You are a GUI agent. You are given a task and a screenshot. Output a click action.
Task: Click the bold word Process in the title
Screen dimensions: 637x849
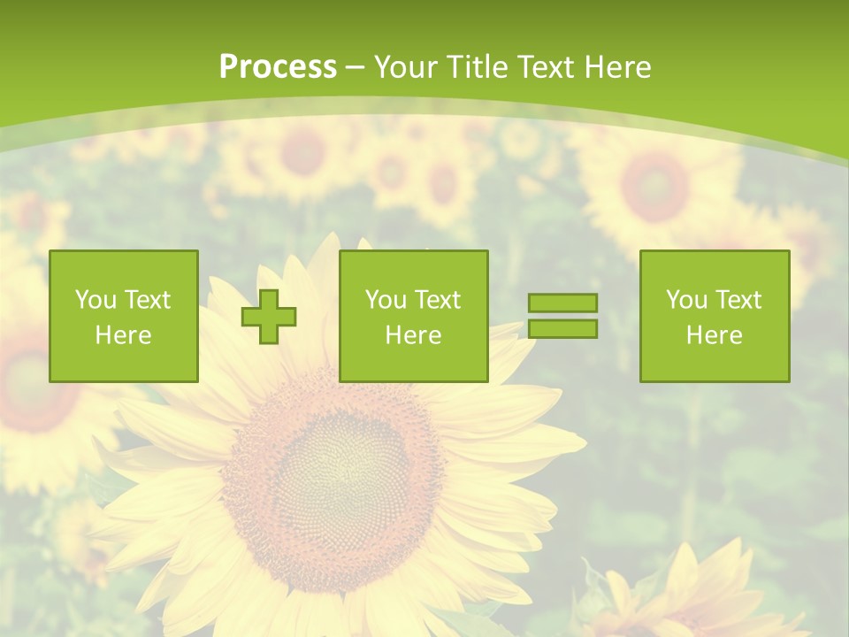pos(278,67)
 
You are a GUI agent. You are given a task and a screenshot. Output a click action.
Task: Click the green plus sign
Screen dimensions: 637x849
pos(270,317)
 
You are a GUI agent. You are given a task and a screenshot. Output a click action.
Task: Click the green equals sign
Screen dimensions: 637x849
pos(562,316)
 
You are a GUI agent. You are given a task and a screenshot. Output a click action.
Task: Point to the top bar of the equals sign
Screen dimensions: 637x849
pos(562,303)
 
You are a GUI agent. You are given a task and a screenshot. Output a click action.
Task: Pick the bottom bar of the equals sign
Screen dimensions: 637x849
pos(562,329)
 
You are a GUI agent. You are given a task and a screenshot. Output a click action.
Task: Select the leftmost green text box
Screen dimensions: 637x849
pos(124,316)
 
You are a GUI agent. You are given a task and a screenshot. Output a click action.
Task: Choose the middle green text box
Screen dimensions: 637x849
pos(414,316)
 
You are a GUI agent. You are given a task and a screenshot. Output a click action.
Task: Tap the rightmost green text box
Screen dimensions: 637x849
pos(715,316)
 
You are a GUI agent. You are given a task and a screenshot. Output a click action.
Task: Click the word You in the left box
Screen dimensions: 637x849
pos(96,300)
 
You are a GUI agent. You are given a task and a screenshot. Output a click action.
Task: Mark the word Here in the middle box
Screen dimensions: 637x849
pos(414,335)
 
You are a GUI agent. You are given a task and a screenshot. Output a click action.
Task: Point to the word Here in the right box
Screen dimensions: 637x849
pos(715,335)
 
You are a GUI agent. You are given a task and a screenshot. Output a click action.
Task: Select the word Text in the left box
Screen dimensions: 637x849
pos(148,300)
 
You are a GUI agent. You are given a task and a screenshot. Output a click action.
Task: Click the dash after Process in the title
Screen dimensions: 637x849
pos(356,68)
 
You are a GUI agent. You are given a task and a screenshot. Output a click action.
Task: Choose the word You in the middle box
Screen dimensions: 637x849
pos(386,300)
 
